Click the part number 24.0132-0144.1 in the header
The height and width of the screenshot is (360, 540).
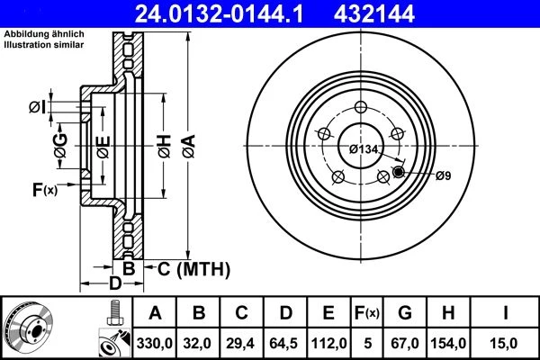click(x=219, y=13)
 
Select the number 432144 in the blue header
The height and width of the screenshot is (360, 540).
click(x=374, y=13)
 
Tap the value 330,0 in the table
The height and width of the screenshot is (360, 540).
click(x=154, y=344)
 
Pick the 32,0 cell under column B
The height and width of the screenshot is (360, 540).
click(x=197, y=344)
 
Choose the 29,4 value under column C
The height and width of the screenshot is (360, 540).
click(x=240, y=344)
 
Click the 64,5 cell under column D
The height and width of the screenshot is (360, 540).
click(x=283, y=344)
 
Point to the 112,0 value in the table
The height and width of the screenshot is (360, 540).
click(x=328, y=344)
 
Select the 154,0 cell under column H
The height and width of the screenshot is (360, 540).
click(x=448, y=344)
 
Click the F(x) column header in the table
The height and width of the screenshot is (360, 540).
click(x=367, y=313)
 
